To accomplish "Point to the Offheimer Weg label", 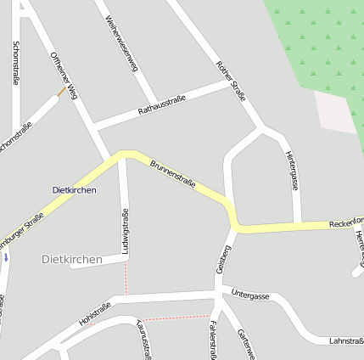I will (64, 76).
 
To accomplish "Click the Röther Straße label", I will (230, 82).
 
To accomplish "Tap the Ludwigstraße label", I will (126, 233).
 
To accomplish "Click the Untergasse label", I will (250, 295).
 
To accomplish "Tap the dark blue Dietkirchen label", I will (75, 190).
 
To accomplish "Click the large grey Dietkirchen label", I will (72, 259).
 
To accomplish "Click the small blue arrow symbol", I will (6, 256).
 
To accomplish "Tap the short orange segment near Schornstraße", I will (61, 91).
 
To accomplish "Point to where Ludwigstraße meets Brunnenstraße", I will (124, 155).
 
